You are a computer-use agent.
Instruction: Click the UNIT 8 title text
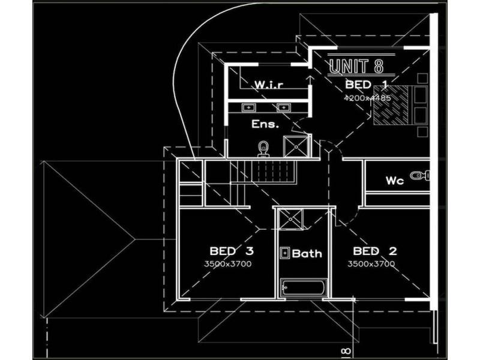click(x=356, y=67)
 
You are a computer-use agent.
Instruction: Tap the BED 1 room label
click(x=366, y=85)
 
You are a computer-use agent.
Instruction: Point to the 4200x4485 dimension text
click(x=367, y=97)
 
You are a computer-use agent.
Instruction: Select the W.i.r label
click(x=268, y=85)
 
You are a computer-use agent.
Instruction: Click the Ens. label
click(x=266, y=125)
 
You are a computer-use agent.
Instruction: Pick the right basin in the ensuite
click(x=283, y=108)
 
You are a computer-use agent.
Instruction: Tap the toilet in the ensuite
click(x=263, y=148)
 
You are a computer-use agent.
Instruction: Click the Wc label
click(x=394, y=181)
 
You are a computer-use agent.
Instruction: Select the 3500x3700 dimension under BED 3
click(x=227, y=264)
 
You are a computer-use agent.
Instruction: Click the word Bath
click(x=307, y=253)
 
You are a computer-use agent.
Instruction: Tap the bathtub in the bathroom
click(x=304, y=289)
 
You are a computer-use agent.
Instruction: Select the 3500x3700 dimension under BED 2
click(x=371, y=264)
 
